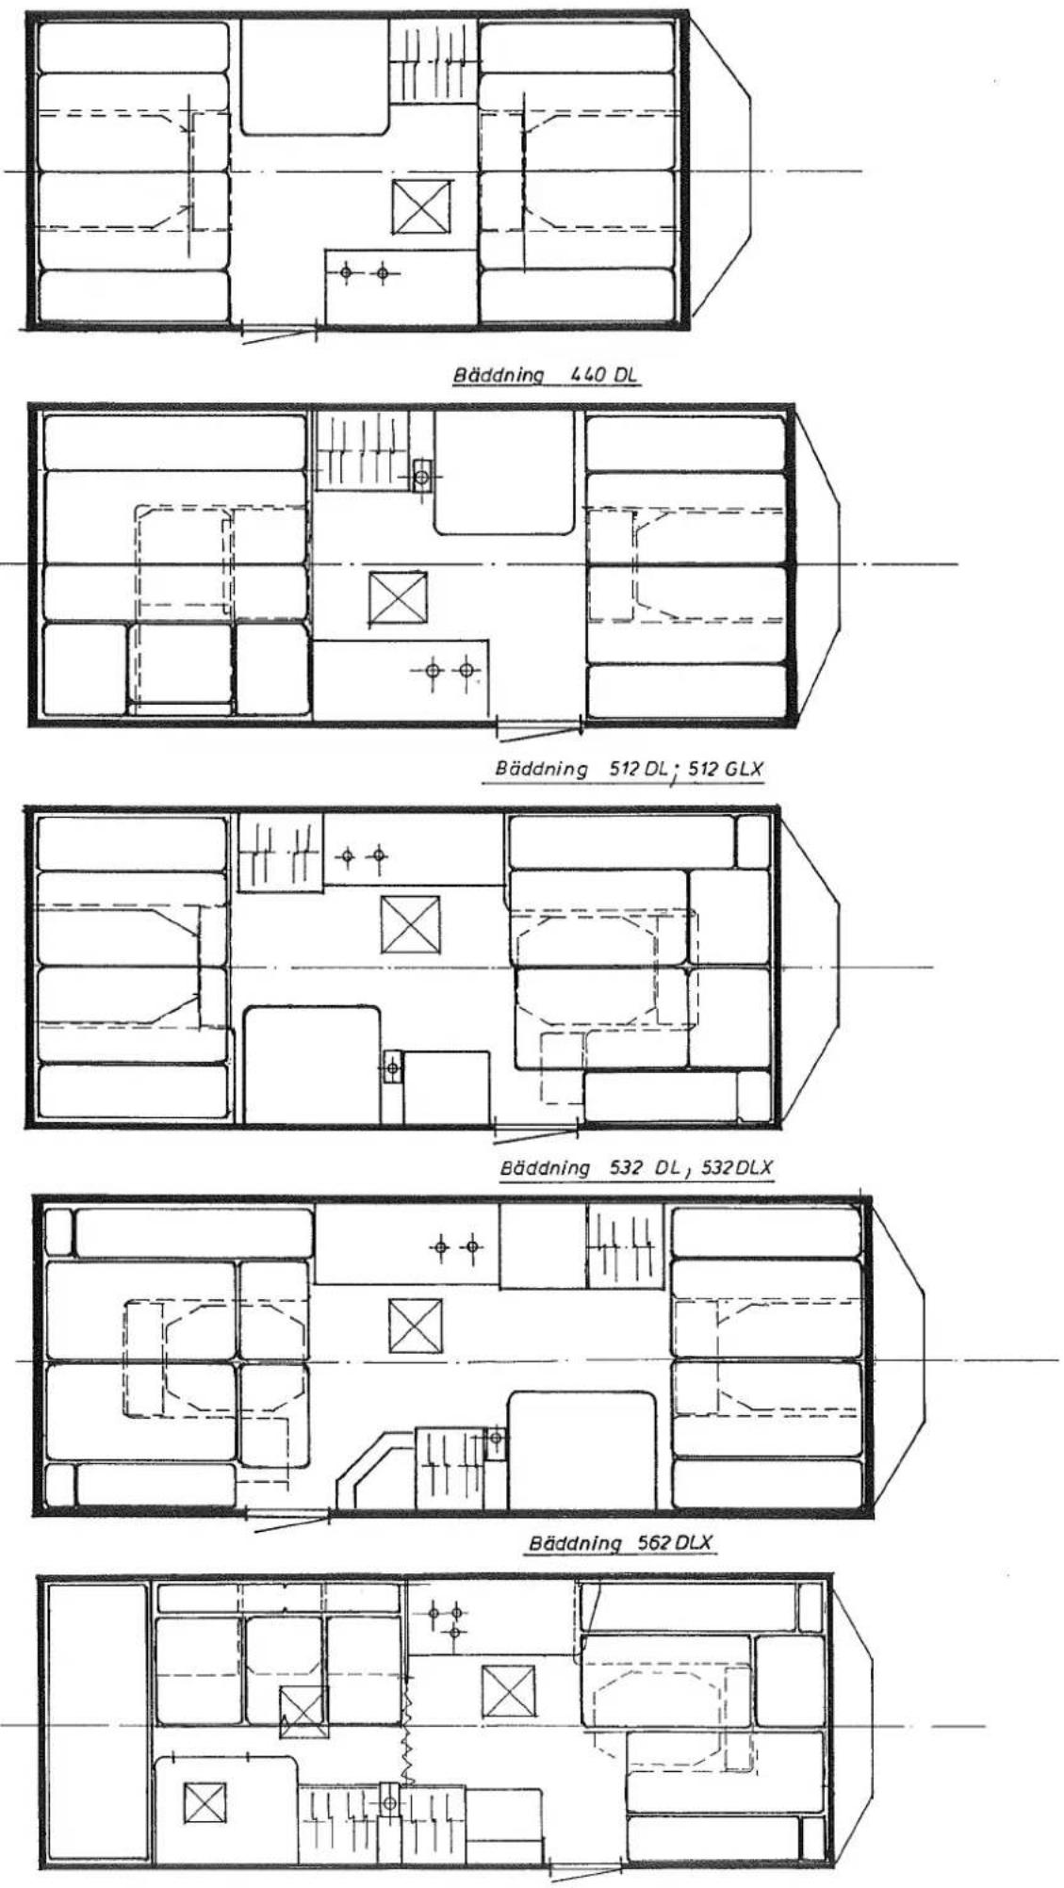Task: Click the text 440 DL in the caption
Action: tap(603, 374)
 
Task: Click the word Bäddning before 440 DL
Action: tap(499, 375)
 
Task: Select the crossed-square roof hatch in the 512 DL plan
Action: tap(397, 597)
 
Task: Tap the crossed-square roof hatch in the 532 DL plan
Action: tap(410, 924)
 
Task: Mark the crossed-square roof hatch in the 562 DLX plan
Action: tap(415, 1325)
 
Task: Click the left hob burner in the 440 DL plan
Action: tap(347, 273)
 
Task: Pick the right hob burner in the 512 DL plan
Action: tap(465, 671)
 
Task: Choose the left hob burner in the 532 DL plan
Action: tap(347, 855)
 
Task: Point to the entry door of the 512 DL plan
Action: tap(539, 727)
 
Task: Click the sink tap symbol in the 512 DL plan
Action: tap(421, 477)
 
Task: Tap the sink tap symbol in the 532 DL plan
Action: tap(392, 1068)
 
